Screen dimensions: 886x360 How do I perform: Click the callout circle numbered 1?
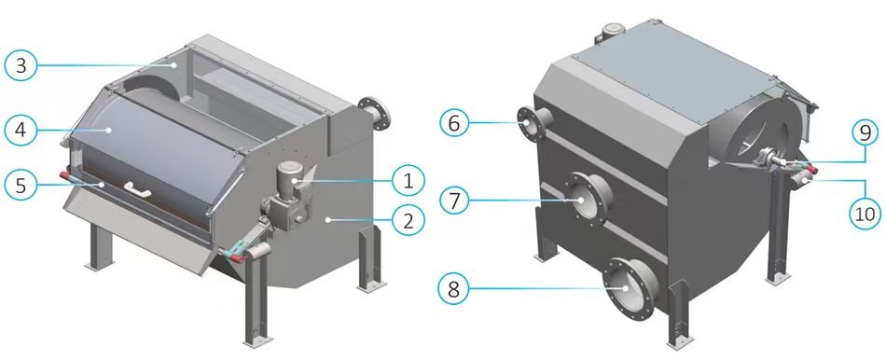(x=408, y=180)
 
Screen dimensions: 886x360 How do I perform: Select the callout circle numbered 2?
(x=408, y=220)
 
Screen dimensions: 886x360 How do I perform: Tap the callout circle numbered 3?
(x=21, y=65)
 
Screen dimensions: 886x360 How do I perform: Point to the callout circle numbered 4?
(x=21, y=130)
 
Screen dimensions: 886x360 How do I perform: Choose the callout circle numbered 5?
(x=21, y=185)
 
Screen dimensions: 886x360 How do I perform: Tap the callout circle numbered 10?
(x=866, y=213)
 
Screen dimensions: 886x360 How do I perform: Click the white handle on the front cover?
(x=138, y=190)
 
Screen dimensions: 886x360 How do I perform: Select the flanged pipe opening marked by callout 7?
(x=588, y=200)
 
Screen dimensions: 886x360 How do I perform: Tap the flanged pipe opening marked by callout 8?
(x=629, y=288)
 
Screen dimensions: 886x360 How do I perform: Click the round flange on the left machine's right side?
(x=374, y=111)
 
